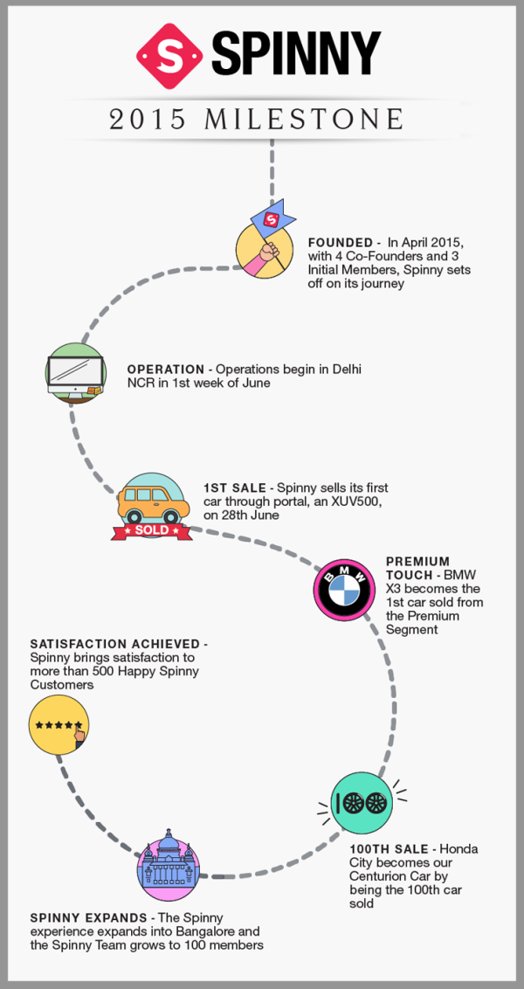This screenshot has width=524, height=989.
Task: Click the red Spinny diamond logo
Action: [169, 56]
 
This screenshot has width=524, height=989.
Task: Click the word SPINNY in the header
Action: [296, 53]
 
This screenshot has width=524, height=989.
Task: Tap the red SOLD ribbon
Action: [152, 529]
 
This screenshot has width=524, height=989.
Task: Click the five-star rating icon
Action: [59, 725]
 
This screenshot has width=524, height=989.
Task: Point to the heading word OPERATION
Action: [166, 370]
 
